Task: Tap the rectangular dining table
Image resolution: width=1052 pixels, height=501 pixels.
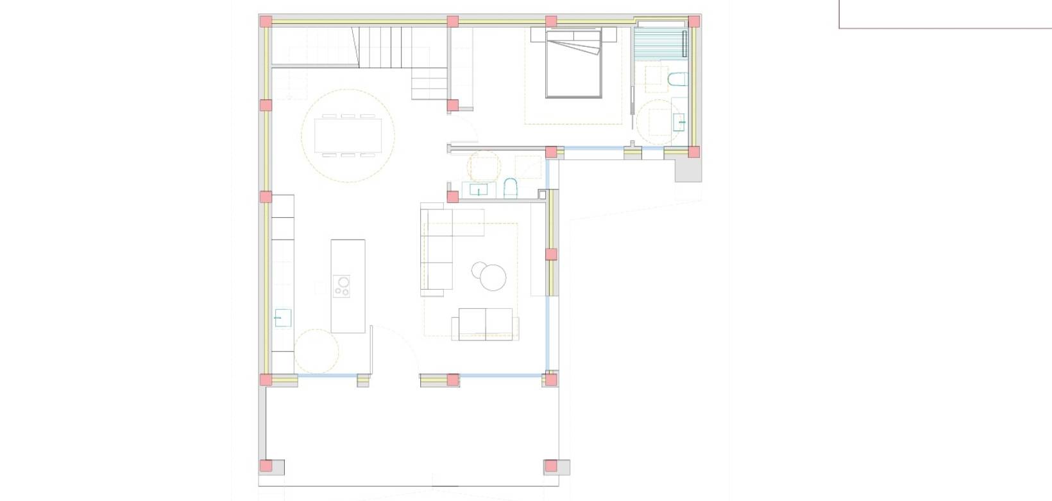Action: click(348, 135)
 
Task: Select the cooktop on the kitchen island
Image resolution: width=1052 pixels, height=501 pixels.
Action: click(342, 286)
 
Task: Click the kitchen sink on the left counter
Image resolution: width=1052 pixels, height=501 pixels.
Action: click(282, 318)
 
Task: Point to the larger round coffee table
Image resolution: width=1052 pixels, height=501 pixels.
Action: click(493, 277)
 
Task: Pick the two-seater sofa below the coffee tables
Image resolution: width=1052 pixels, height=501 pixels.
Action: click(486, 324)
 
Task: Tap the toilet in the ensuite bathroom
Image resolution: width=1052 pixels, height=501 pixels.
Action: click(677, 80)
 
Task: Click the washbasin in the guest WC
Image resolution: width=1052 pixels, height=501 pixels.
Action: click(478, 189)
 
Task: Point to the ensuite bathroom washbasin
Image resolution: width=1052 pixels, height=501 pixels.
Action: click(679, 121)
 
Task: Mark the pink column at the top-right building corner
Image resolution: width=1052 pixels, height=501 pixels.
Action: click(693, 21)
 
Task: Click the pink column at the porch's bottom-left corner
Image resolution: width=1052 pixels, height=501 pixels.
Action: click(266, 466)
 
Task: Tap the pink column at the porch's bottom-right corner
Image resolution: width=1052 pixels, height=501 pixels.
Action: click(550, 466)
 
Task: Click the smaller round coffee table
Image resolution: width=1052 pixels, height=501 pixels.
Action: click(479, 270)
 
